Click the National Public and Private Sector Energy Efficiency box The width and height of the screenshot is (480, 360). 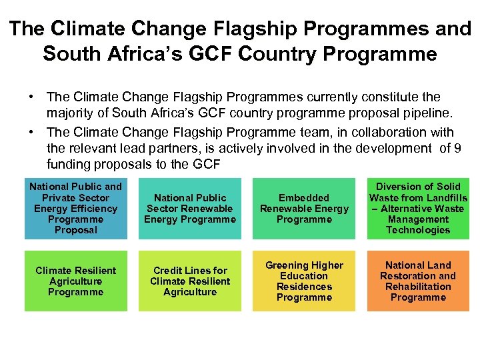75,209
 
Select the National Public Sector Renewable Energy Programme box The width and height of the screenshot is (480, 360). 190,209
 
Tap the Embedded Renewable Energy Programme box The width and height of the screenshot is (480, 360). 304,209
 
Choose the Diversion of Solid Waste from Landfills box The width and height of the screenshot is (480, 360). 418,209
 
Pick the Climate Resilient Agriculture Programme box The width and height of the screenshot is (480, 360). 75,281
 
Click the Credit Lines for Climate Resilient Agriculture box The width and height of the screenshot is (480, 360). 190,281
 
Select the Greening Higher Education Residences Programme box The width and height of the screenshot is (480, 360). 304,281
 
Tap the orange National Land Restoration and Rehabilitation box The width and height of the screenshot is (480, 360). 418,281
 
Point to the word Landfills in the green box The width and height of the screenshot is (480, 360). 446,198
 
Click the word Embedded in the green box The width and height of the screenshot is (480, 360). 304,198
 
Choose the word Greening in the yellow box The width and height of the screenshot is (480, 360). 287,265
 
